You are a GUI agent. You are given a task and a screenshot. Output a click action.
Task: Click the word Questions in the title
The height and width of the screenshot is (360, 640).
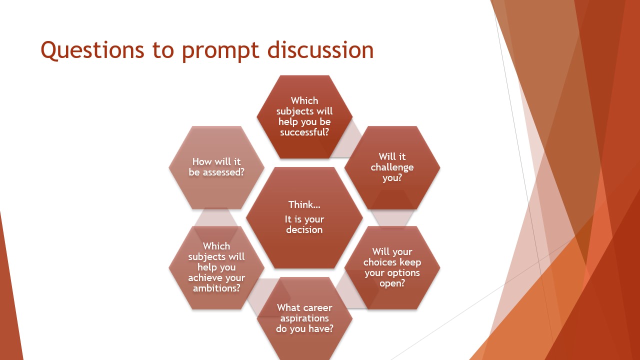click(x=92, y=50)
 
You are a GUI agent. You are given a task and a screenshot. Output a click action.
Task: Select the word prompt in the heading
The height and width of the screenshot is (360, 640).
click(x=220, y=51)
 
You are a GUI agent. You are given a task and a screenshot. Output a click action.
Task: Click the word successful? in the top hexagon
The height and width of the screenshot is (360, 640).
click(x=304, y=132)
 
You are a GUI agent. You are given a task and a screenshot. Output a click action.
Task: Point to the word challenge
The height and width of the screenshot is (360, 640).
click(x=392, y=167)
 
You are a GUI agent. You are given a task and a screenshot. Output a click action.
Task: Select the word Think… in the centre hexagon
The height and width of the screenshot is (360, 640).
click(x=304, y=204)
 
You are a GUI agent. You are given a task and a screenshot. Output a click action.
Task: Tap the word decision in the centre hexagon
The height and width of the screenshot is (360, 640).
click(x=304, y=229)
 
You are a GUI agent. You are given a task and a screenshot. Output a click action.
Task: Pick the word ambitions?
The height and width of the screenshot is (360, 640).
click(x=216, y=288)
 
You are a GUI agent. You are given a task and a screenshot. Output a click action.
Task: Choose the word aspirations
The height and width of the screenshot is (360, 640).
click(x=304, y=318)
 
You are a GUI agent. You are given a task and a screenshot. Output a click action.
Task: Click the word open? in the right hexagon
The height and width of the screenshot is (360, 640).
click(x=392, y=283)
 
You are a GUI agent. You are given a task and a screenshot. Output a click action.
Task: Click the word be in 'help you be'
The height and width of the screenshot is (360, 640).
click(x=325, y=121)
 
